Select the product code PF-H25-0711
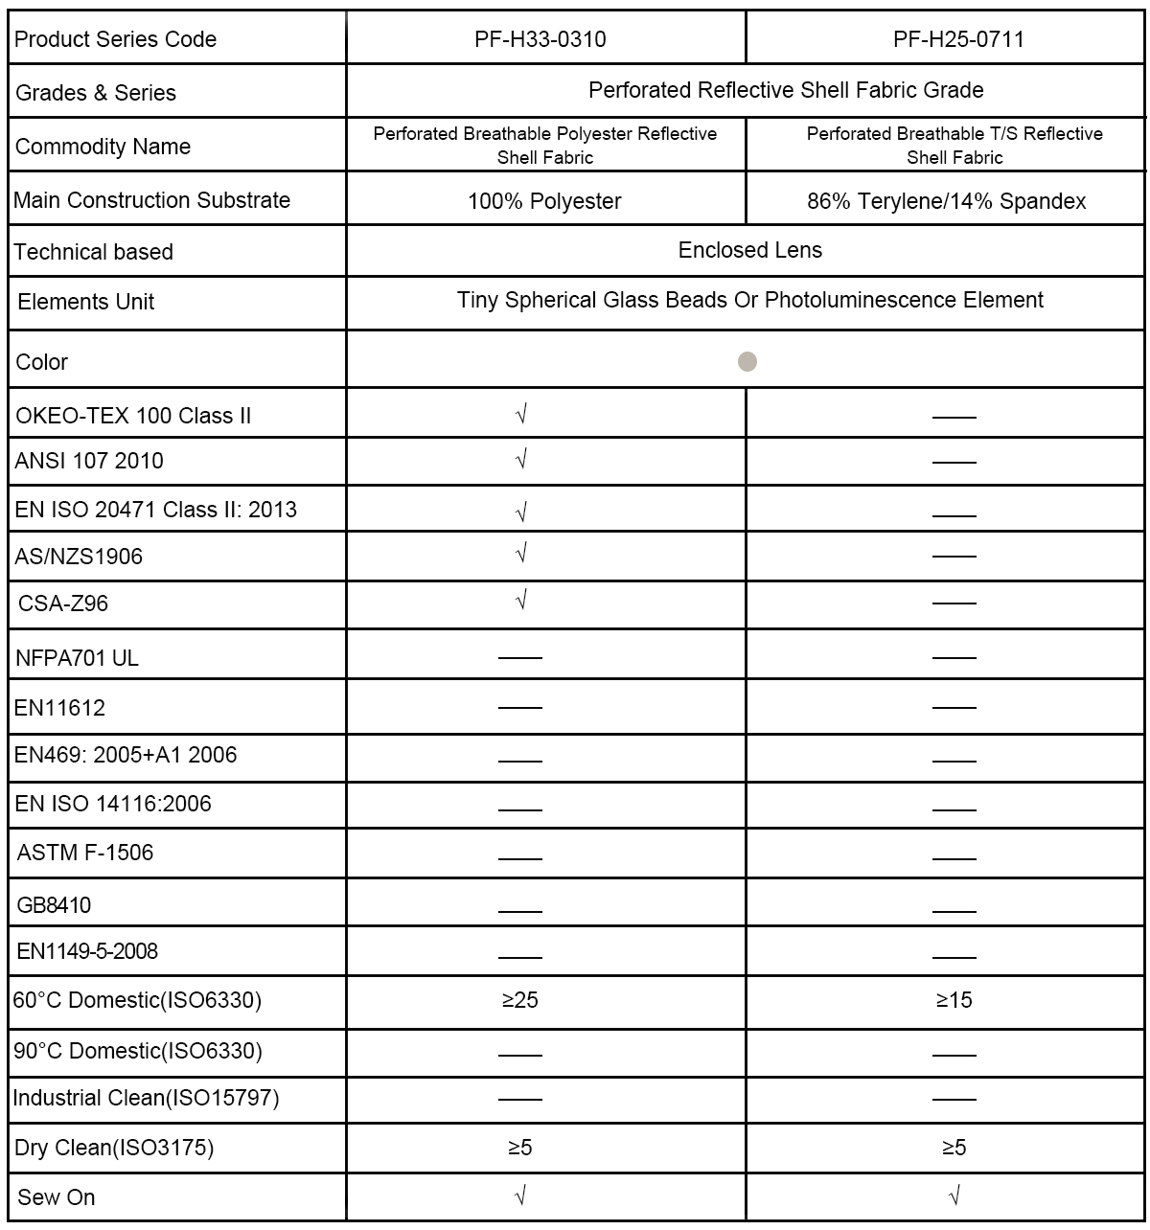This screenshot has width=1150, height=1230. click(x=957, y=39)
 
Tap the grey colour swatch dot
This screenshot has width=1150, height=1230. click(x=747, y=362)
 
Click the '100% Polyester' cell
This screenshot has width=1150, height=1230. click(x=544, y=201)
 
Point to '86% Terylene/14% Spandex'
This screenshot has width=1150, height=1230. click(x=946, y=201)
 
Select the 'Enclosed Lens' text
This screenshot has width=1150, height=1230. click(x=749, y=251)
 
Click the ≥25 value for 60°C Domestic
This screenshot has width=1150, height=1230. click(x=519, y=1000)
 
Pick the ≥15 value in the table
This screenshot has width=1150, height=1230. click(x=954, y=1000)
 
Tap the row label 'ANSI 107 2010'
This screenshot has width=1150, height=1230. click(x=89, y=461)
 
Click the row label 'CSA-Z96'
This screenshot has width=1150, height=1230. click(x=63, y=604)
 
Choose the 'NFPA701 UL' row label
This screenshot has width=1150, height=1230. click(x=77, y=658)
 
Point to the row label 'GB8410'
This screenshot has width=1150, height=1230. click(x=54, y=905)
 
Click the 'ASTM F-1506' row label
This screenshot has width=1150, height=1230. click(x=85, y=853)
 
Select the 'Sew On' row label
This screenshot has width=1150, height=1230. click(x=56, y=1197)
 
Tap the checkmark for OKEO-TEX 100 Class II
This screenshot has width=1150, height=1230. click(x=521, y=414)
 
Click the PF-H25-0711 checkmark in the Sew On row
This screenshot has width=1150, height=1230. click(x=954, y=1195)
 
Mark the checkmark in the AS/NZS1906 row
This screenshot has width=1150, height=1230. click(x=521, y=553)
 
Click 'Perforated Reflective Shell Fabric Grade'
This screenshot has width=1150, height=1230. click(x=786, y=90)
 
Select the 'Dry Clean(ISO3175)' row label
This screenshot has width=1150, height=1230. click(x=114, y=1148)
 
